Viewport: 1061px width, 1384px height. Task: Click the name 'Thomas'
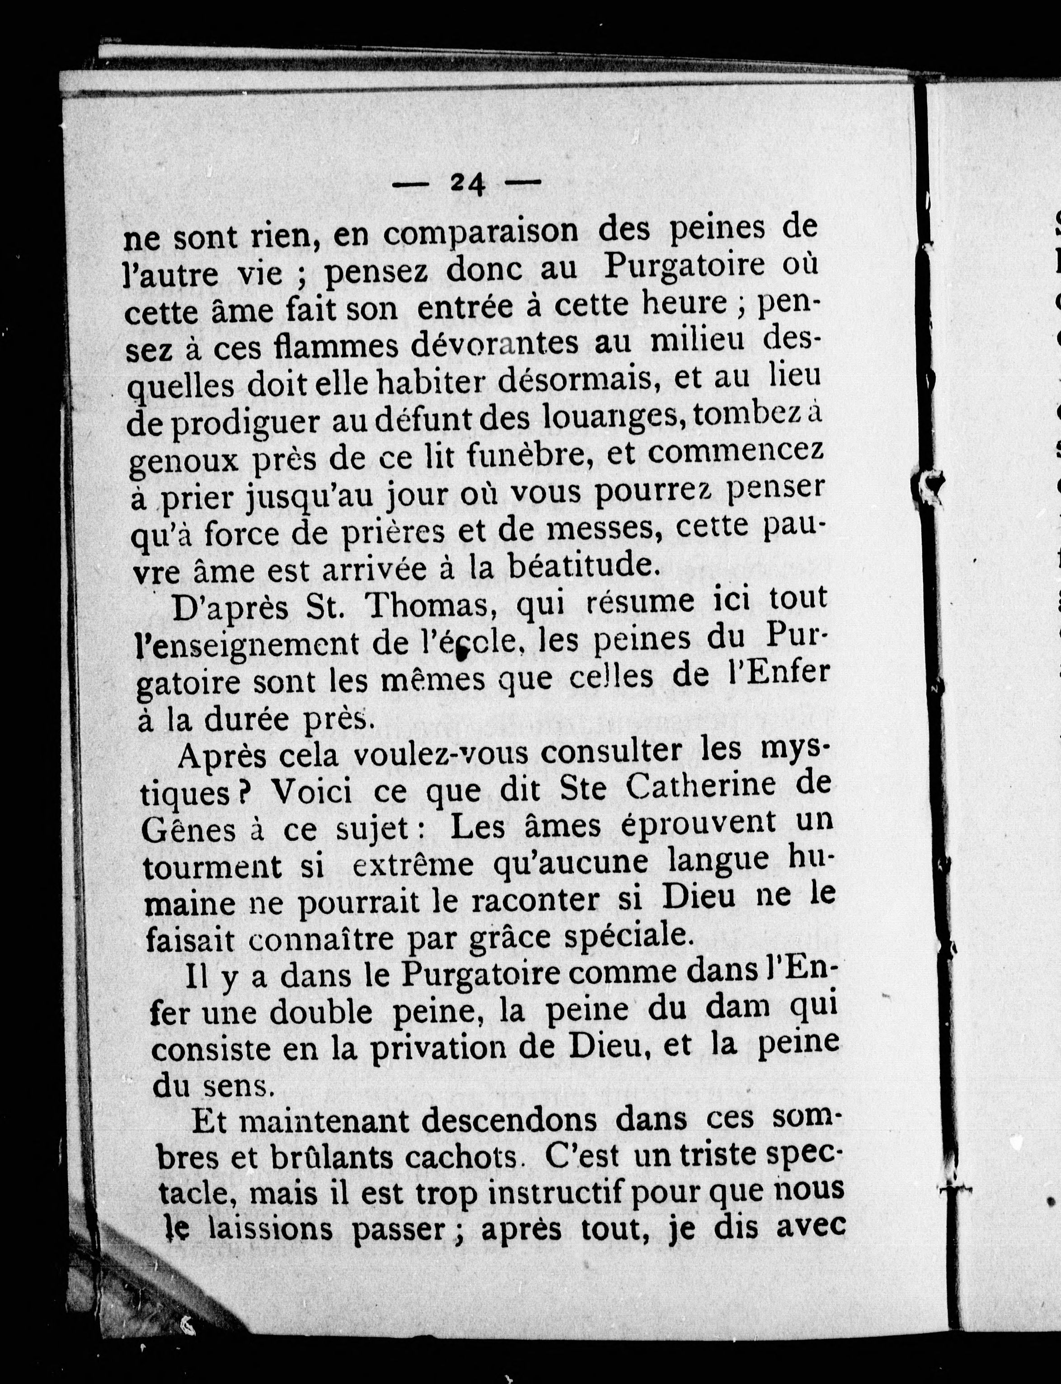430,608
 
